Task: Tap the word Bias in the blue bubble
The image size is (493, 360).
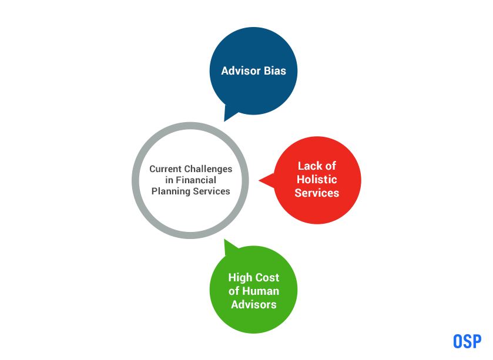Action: click(x=275, y=70)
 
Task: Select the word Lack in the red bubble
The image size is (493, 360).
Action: click(x=310, y=166)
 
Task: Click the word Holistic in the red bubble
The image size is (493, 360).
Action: click(x=317, y=179)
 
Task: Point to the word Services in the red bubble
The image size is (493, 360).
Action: click(x=317, y=193)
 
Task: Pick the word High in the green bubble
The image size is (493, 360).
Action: click(x=240, y=278)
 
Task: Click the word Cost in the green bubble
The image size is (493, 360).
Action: click(x=267, y=278)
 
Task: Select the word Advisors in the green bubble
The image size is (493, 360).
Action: click(x=254, y=305)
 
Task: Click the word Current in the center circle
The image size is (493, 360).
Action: click(x=165, y=169)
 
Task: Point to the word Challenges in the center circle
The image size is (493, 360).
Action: click(x=208, y=169)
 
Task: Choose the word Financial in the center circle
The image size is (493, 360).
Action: click(x=196, y=180)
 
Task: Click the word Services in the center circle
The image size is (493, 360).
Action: click(x=212, y=191)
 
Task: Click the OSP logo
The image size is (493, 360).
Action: click(x=467, y=341)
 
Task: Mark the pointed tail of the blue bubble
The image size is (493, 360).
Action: click(x=224, y=121)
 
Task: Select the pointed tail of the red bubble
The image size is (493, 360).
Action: click(x=259, y=180)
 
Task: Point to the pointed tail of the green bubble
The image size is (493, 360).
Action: click(x=224, y=240)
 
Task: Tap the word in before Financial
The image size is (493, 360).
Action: click(x=169, y=180)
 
